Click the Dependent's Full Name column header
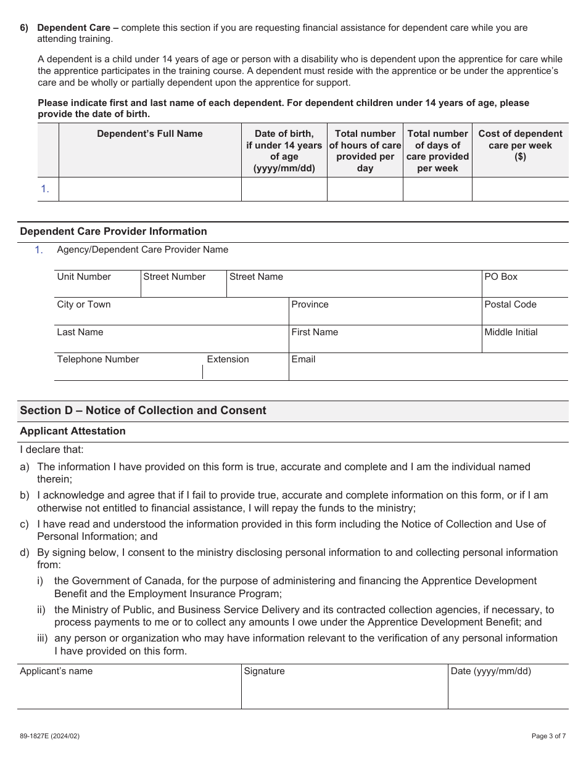[x=149, y=134]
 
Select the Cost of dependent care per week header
[x=520, y=145]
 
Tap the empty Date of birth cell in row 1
[x=284, y=189]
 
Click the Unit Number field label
[x=84, y=277]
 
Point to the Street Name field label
[x=256, y=277]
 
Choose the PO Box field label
[x=500, y=277]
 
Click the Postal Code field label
[x=510, y=304]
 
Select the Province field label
[x=310, y=304]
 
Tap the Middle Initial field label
[x=511, y=332]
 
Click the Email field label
[x=303, y=359]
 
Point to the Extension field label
[x=228, y=359]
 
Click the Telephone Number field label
[x=98, y=359]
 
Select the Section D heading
[x=143, y=410]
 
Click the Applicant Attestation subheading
[x=73, y=431]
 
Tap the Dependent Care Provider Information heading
[x=113, y=232]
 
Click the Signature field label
[x=264, y=671]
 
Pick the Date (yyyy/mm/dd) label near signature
[x=490, y=671]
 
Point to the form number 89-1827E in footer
[x=49, y=736]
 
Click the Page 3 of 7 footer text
[x=548, y=736]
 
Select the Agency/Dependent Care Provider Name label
[x=142, y=250]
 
